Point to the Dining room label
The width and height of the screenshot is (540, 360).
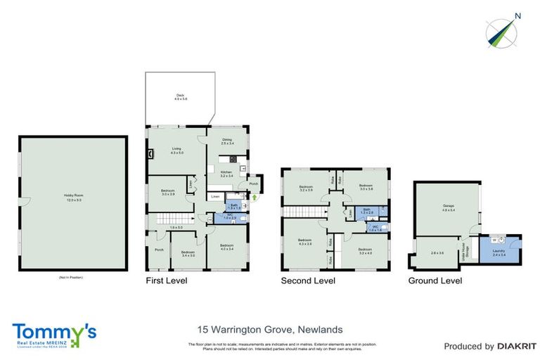(x=227, y=141)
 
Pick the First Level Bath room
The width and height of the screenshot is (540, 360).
(x=233, y=207)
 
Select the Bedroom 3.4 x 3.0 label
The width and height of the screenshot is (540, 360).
(x=188, y=254)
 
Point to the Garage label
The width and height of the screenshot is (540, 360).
(x=448, y=207)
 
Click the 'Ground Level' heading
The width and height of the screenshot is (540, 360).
(x=435, y=281)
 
